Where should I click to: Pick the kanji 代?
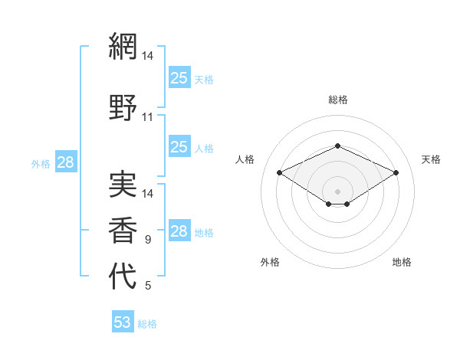pyautogui.click(x=123, y=276)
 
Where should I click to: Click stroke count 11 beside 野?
pyautogui.click(x=148, y=117)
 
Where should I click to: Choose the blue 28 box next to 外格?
pyautogui.click(x=65, y=162)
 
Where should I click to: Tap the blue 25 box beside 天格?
pyautogui.click(x=179, y=77)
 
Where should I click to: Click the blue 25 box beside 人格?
pyautogui.click(x=179, y=147)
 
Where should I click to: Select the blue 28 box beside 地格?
pyautogui.click(x=179, y=231)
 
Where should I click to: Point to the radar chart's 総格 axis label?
pyautogui.click(x=338, y=100)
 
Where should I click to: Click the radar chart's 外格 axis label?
pyautogui.click(x=270, y=262)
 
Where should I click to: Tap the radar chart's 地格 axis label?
pyautogui.click(x=402, y=262)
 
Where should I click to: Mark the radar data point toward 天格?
pyautogui.click(x=396, y=172)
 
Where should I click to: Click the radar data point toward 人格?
pyautogui.click(x=279, y=172)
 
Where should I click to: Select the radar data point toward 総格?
pyautogui.click(x=337, y=146)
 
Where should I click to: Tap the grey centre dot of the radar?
pyautogui.click(x=337, y=191)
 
